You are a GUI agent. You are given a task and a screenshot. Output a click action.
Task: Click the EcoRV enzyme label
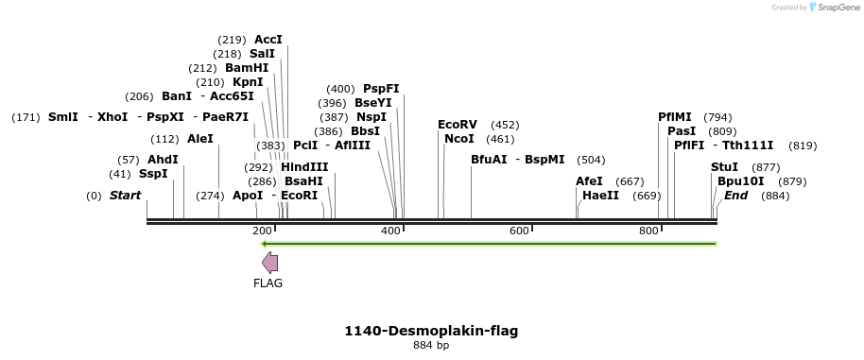pyautogui.click(x=458, y=125)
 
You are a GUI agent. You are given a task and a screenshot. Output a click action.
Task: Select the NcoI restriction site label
pyautogui.click(x=458, y=139)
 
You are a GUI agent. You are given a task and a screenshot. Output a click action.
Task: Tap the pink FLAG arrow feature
pyautogui.click(x=269, y=263)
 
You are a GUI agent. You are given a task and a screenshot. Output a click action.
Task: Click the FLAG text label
pyautogui.click(x=268, y=283)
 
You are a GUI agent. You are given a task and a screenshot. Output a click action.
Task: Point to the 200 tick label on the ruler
pyautogui.click(x=262, y=231)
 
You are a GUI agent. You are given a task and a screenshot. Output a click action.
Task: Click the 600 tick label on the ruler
pyautogui.click(x=519, y=231)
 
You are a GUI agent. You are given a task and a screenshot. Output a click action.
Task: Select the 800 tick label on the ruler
pyautogui.click(x=648, y=231)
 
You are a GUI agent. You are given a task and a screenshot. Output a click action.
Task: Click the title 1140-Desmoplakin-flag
pyautogui.click(x=431, y=331)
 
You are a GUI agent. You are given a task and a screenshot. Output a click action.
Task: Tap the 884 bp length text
pyautogui.click(x=431, y=345)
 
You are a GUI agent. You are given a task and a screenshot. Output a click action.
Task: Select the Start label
pyautogui.click(x=125, y=196)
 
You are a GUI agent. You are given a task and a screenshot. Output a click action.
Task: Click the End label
pyautogui.click(x=735, y=196)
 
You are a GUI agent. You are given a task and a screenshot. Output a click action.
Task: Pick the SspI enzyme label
pyautogui.click(x=153, y=174)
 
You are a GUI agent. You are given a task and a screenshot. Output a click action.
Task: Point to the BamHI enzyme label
pyautogui.click(x=247, y=68)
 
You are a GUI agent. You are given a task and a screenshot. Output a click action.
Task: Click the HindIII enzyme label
pyautogui.click(x=304, y=166)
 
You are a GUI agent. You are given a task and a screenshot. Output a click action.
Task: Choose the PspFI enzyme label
pyautogui.click(x=381, y=89)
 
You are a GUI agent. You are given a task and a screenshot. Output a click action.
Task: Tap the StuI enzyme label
pyautogui.click(x=724, y=166)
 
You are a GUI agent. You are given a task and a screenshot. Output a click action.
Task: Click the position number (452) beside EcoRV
pyautogui.click(x=505, y=125)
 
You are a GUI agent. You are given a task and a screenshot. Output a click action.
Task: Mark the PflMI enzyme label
pyautogui.click(x=675, y=117)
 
